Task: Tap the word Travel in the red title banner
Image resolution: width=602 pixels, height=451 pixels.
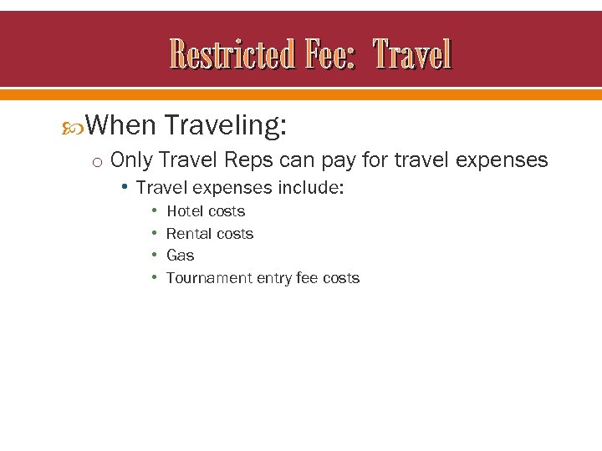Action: [x=412, y=55]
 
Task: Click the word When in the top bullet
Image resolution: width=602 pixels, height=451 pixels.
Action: [x=120, y=125]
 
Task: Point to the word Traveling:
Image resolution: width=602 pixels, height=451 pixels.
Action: [x=226, y=125]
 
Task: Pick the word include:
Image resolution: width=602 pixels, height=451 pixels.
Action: [x=314, y=188]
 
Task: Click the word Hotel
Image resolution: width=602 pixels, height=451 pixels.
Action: [x=185, y=211]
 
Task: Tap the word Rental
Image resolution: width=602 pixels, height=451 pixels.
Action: [x=188, y=234]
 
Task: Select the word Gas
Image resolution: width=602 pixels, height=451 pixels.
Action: [x=180, y=256]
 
